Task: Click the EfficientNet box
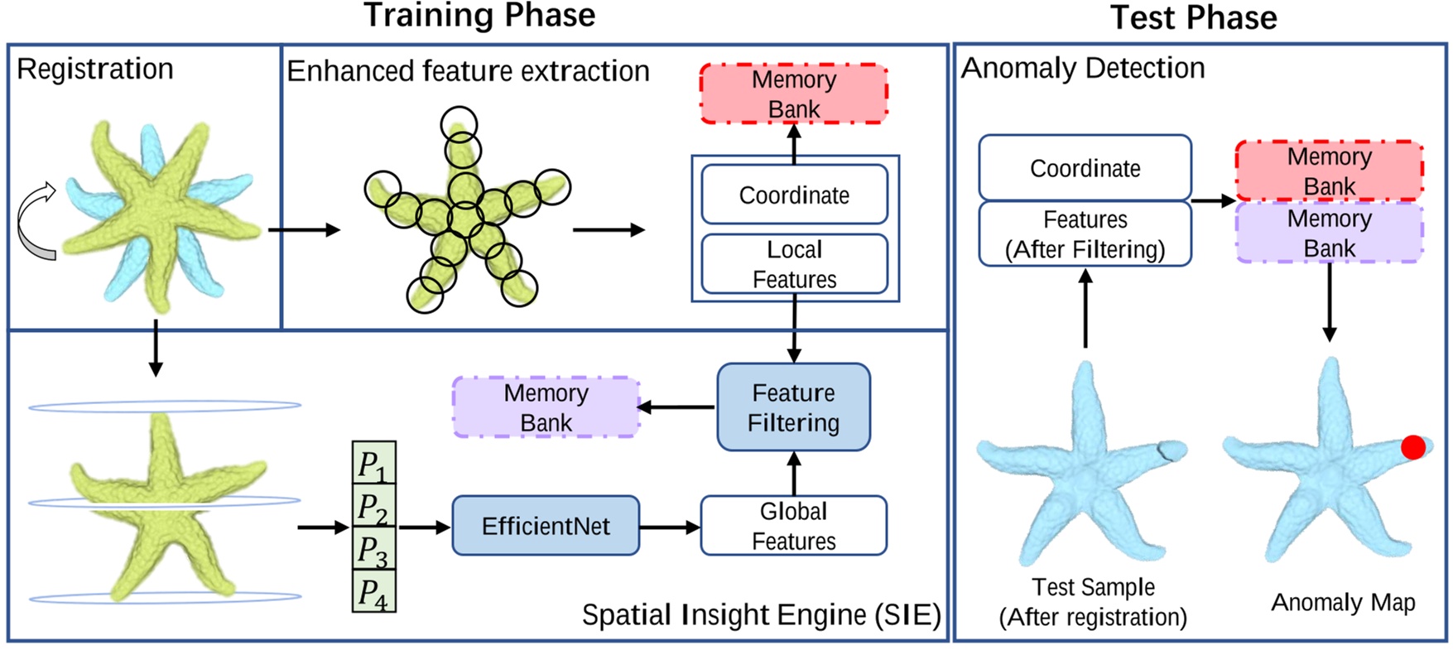[546, 526]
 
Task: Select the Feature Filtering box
[793, 407]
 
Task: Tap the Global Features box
[793, 526]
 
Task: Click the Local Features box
[794, 264]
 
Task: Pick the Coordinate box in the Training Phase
[794, 195]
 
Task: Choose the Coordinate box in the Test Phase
[1085, 168]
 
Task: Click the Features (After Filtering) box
[1085, 234]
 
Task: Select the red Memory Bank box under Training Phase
[793, 94]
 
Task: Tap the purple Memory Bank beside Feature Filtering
[546, 407]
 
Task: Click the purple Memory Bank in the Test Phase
[1329, 234]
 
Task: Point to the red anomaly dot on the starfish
[1413, 447]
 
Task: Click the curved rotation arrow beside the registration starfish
[36, 221]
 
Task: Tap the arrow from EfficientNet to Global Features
[670, 527]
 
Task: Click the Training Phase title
[479, 15]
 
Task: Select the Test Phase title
[1193, 17]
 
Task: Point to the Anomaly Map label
[1343, 602]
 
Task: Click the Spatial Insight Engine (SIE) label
[761, 615]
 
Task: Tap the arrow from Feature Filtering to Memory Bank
[677, 407]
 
